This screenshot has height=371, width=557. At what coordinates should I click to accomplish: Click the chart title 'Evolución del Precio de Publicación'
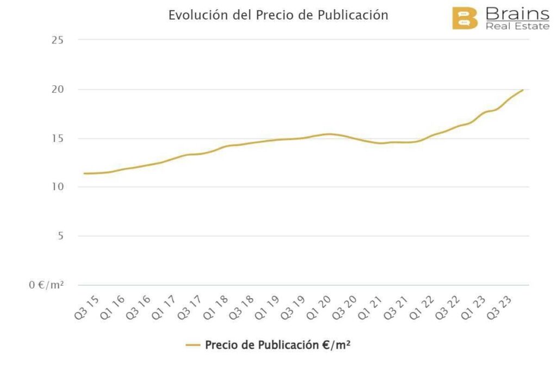point(278,15)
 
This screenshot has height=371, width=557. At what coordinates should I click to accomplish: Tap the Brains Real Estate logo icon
point(465,18)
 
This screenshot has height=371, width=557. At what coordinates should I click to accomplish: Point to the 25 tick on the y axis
point(58,40)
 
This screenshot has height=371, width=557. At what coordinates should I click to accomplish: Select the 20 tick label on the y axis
point(58,89)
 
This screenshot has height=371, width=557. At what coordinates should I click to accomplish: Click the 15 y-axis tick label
point(58,139)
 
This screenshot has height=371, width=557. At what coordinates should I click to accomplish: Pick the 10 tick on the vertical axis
point(58,187)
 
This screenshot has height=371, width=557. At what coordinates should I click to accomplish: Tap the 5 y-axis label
point(60,236)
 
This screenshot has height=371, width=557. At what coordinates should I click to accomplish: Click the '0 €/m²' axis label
point(47,285)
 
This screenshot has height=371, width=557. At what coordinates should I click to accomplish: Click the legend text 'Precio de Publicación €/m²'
point(277,345)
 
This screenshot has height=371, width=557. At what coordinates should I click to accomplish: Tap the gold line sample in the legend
point(193,345)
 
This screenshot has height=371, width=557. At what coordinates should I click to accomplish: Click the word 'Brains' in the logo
point(517,14)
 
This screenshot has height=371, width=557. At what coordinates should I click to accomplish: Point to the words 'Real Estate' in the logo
point(517,26)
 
